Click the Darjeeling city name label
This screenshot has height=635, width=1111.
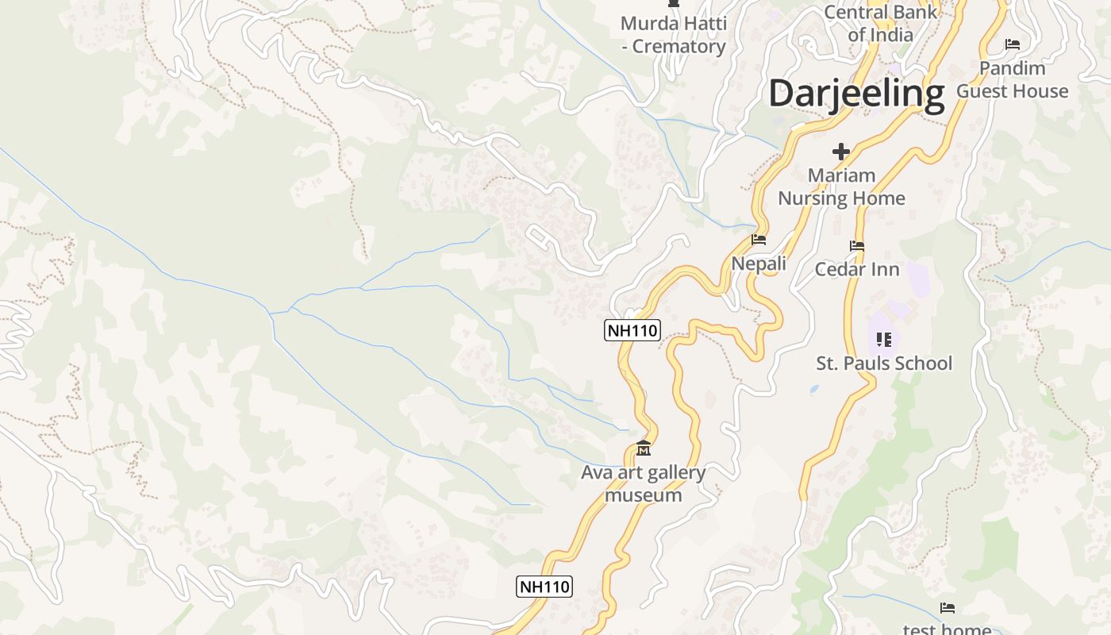pos(856,93)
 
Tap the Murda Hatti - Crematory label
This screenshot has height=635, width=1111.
pos(673,35)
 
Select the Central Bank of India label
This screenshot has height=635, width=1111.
pos(880,23)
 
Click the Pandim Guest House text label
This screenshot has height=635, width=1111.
pos(1012,79)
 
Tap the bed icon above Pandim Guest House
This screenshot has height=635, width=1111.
pos(1013,44)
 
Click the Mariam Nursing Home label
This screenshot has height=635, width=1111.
pos(841,187)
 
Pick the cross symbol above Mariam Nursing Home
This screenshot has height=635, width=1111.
pos(841,151)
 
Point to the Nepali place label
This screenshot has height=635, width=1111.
pos(759,264)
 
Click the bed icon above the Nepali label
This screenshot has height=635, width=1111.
pos(759,240)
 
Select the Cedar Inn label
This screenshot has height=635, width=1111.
pos(857,269)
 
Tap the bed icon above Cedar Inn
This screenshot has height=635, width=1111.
pos(857,246)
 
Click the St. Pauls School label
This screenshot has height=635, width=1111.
pos(884,364)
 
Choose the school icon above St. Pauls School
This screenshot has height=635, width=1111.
pos(884,340)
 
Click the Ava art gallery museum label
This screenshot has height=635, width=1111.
pos(643,483)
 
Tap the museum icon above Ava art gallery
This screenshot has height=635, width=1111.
pos(644,449)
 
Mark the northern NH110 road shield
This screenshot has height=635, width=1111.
pos(632,330)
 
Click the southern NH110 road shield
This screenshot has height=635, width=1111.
pos(544,587)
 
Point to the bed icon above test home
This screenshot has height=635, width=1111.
pos(948,608)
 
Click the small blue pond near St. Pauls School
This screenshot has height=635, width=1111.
pos(813,390)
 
